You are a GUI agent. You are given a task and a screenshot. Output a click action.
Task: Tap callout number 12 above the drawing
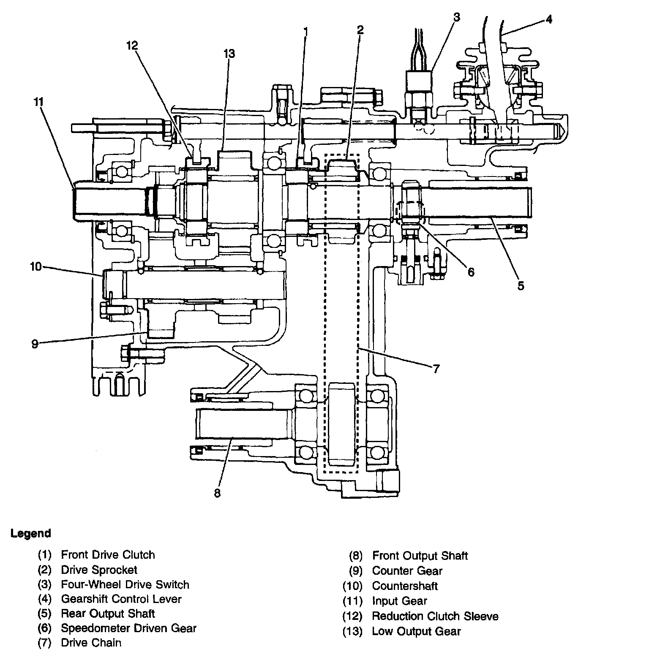click(132, 45)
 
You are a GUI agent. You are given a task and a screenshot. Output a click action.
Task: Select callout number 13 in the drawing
click(229, 54)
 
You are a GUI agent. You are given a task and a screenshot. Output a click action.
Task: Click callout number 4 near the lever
click(548, 19)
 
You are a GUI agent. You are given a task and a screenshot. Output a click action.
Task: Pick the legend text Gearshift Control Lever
click(121, 599)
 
